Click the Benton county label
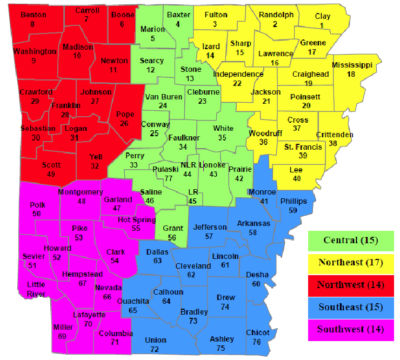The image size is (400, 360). [33, 15]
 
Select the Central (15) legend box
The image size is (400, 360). [350, 241]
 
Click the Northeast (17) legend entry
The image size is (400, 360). [350, 263]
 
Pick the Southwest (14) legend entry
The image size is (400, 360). [350, 329]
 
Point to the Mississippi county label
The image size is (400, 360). [352, 65]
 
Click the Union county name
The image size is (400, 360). [156, 340]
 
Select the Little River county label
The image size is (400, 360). [36, 289]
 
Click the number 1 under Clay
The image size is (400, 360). [323, 25]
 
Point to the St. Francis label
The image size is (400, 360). [303, 146]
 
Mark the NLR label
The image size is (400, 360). [188, 165]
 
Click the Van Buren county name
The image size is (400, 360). [163, 97]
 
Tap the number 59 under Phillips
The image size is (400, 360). [294, 210]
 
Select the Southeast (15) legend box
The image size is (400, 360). [350, 307]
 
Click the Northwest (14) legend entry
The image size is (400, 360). [350, 285]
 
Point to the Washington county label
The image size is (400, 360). [35, 51]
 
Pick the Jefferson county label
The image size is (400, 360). [210, 227]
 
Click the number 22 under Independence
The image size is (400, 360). [237, 83]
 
